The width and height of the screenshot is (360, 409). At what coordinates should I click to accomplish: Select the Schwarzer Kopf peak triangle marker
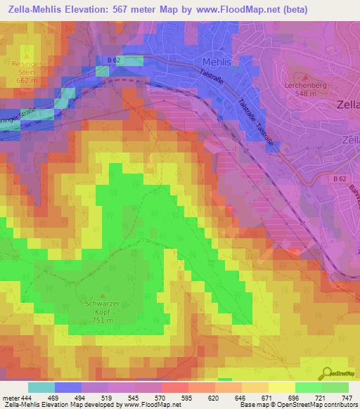click(x=104, y=295)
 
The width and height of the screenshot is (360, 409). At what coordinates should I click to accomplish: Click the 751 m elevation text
click(x=104, y=320)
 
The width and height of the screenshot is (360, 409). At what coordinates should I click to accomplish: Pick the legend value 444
click(x=26, y=397)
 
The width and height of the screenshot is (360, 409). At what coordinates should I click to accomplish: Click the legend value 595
click(x=187, y=397)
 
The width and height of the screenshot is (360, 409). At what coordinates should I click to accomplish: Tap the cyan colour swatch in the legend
click(x=41, y=387)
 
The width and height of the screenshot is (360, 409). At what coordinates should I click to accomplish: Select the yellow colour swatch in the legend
click(x=281, y=387)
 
